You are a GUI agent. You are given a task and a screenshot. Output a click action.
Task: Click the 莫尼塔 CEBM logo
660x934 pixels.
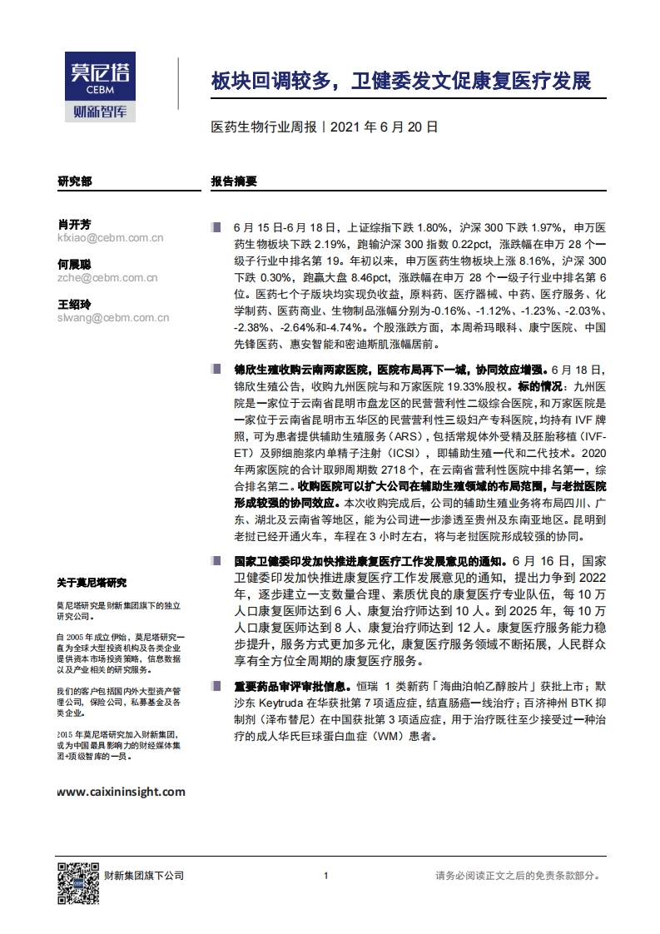pyautogui.click(x=100, y=86)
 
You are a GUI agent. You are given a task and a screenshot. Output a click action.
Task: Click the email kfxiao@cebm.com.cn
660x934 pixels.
pyautogui.click(x=110, y=238)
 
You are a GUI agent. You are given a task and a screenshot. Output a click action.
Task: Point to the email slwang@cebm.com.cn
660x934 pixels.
pyautogui.click(x=113, y=317)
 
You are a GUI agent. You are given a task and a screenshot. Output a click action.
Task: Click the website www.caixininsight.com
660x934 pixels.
pyautogui.click(x=122, y=792)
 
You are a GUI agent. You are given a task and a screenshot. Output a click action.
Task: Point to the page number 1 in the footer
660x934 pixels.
pyautogui.click(x=326, y=875)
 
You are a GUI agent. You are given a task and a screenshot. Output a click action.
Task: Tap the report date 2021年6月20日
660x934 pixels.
pyautogui.click(x=384, y=128)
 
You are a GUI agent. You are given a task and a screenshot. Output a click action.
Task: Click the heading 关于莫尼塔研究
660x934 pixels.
pyautogui.click(x=92, y=582)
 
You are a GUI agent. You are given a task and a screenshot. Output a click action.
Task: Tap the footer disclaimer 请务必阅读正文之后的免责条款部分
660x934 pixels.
pyautogui.click(x=518, y=875)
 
